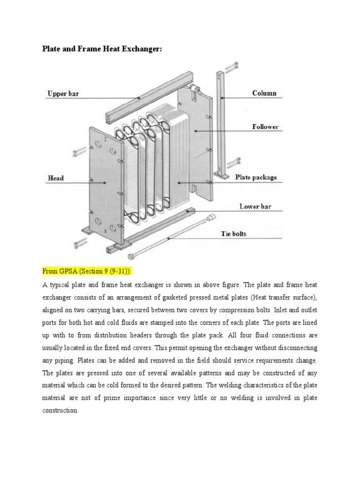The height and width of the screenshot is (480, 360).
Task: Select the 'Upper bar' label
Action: tap(63, 94)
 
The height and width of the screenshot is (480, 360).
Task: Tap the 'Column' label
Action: tap(264, 93)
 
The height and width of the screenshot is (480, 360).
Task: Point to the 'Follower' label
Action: tap(265, 127)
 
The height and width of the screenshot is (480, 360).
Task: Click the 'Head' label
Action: tap(55, 178)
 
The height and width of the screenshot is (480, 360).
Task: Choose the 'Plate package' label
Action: tap(256, 177)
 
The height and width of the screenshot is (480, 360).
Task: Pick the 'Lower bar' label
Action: tap(255, 206)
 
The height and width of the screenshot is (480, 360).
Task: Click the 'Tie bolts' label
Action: tap(233, 233)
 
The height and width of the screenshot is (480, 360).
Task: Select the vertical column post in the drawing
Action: tap(220, 127)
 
